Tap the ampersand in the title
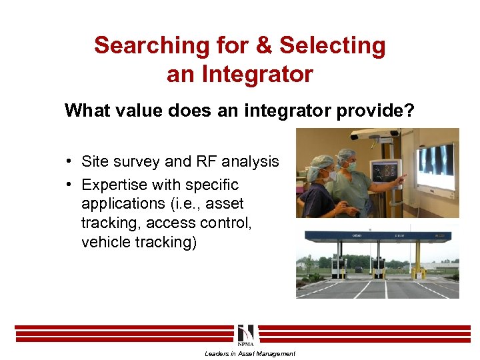(x=265, y=45)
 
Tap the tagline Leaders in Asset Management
(x=249, y=354)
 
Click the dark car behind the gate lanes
(x=359, y=269)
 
